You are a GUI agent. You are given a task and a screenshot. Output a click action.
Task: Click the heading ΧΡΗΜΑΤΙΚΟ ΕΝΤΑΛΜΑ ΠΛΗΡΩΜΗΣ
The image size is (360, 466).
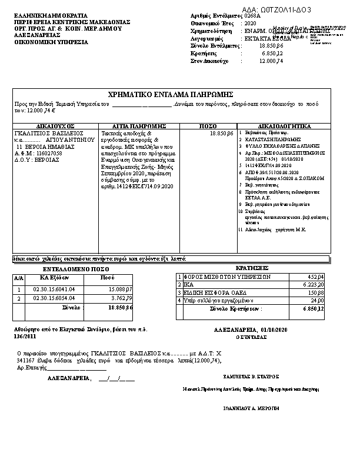coord(172,95)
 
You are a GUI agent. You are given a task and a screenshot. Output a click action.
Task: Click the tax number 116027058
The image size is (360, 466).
coord(47,152)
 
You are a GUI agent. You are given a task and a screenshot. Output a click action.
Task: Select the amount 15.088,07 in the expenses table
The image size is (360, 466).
coord(121,289)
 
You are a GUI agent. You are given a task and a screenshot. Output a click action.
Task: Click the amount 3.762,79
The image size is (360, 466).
coord(122,298)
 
